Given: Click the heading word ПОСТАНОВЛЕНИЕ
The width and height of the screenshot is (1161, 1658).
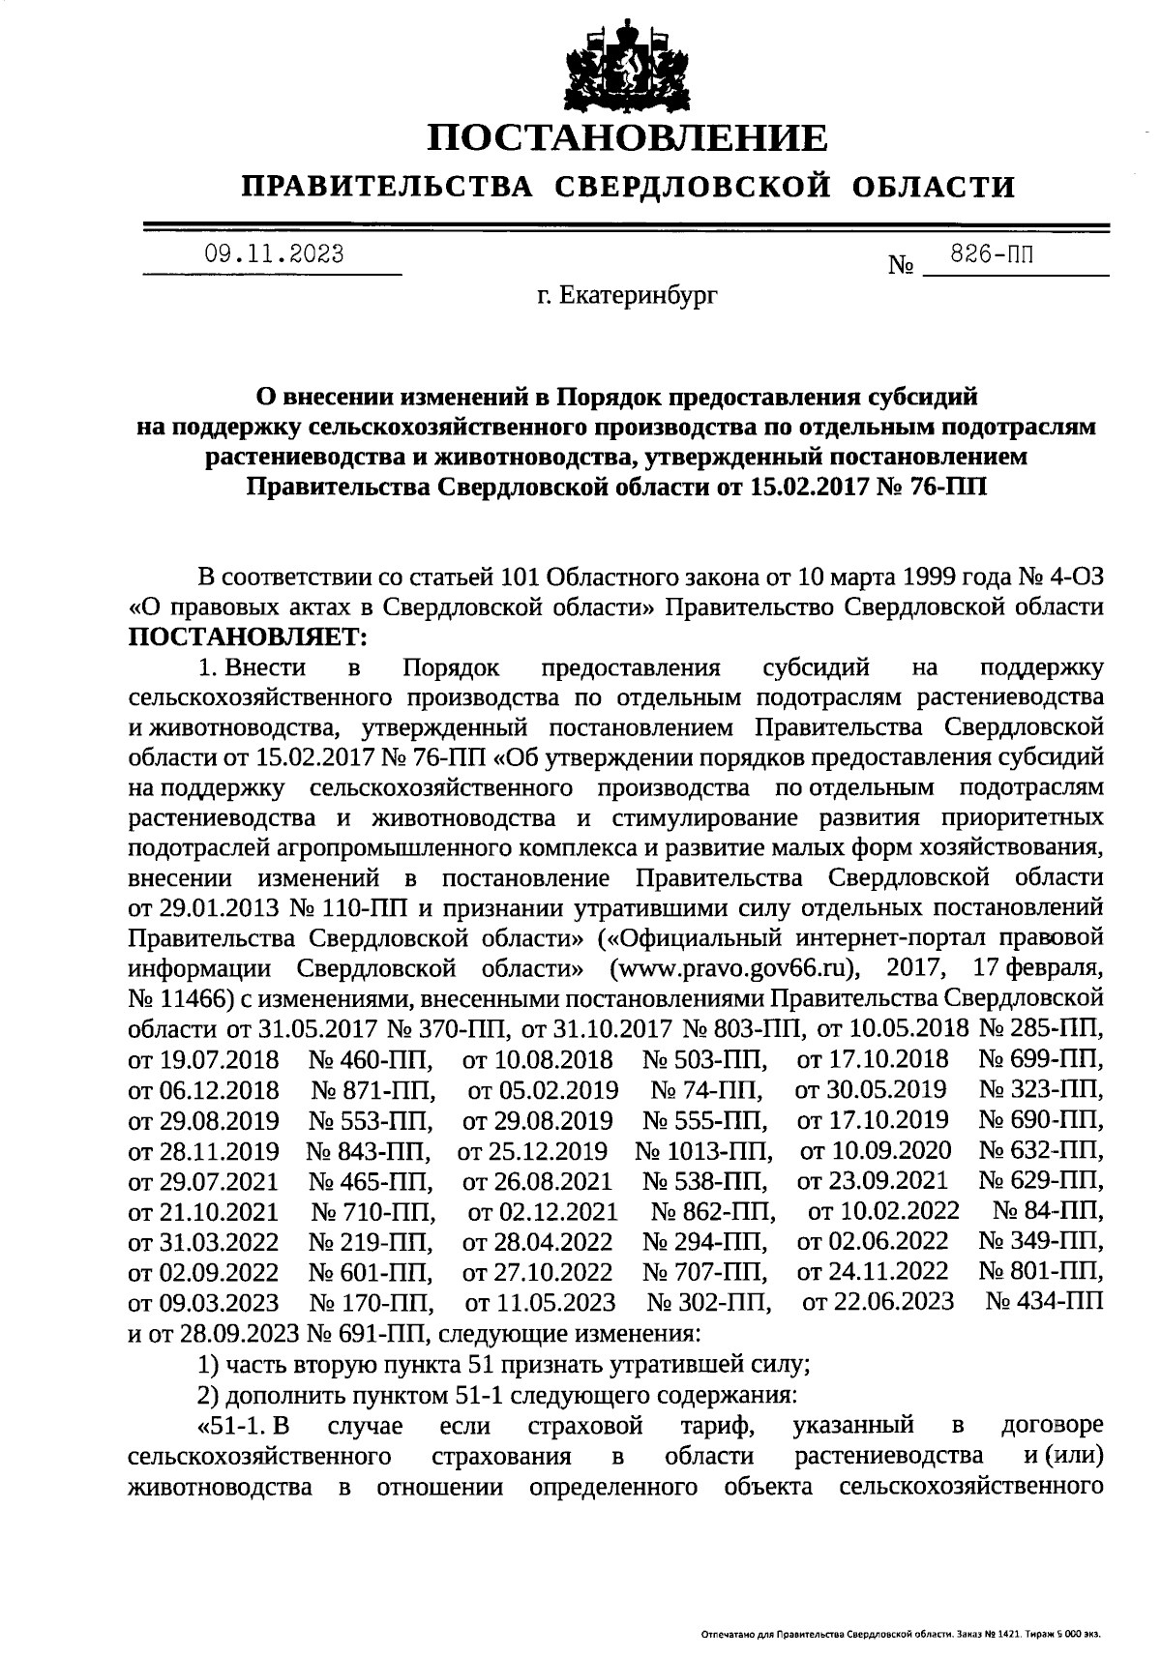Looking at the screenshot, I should coord(628,138).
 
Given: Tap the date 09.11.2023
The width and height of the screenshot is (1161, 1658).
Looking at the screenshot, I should coord(274,254).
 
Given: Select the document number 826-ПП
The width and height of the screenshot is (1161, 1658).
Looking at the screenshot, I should coord(992,255).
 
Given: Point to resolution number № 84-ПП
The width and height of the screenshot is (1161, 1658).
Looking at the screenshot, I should coord(1049,1211).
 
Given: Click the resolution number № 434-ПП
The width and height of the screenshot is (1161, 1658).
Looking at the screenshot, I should coord(1045,1301).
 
